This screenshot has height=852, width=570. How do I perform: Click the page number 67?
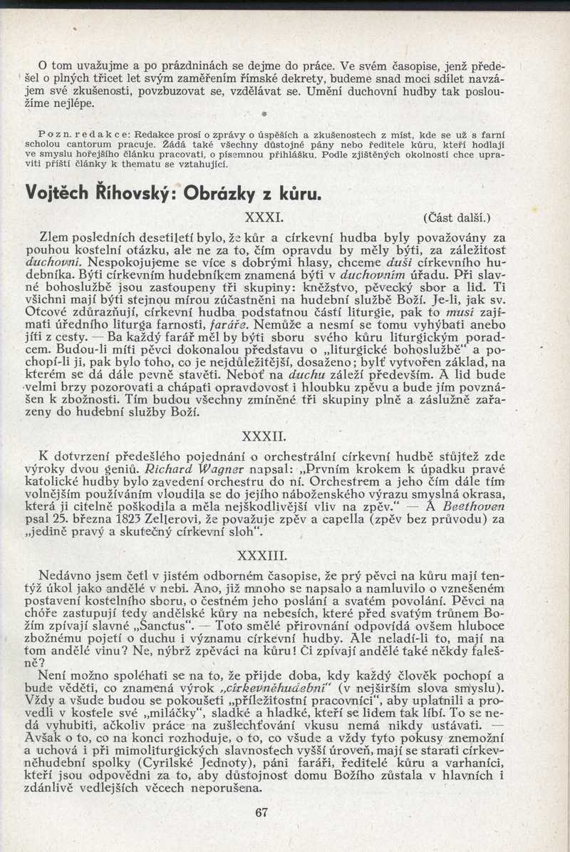[x=261, y=813]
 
